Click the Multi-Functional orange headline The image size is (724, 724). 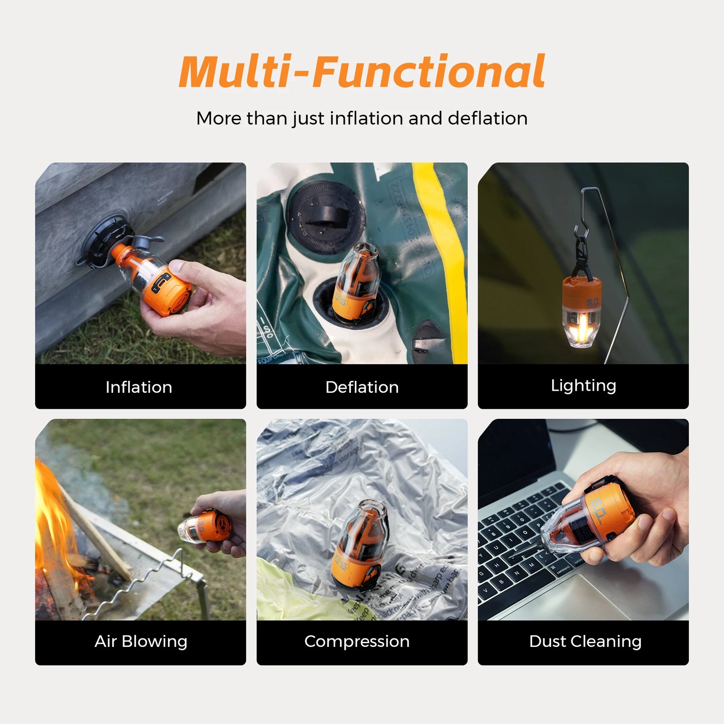[362, 72]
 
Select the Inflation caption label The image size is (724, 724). [139, 387]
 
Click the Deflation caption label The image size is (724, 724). [362, 387]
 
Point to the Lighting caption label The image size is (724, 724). [583, 386]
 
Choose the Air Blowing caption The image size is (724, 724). [141, 641]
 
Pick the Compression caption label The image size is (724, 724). [357, 641]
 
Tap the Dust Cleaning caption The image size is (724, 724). [585, 641]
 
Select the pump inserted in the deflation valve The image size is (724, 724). [357, 283]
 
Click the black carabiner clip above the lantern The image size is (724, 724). [581, 253]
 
